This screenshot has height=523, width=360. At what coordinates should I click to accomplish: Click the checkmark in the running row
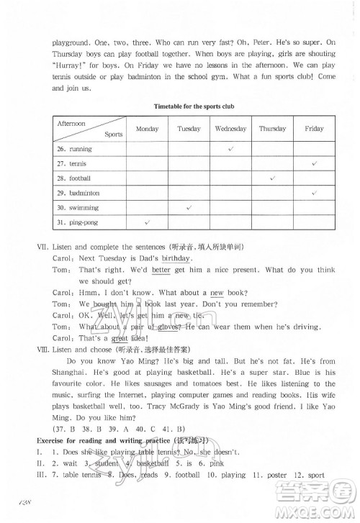click(x=230, y=148)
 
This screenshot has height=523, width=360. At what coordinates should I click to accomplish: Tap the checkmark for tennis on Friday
click(x=315, y=163)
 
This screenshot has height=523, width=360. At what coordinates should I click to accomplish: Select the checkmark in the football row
click(x=273, y=178)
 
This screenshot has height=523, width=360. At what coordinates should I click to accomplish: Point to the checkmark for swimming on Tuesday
click(x=188, y=207)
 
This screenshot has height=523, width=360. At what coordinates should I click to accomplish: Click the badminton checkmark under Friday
click(x=315, y=193)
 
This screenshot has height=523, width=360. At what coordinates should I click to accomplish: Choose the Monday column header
click(x=147, y=129)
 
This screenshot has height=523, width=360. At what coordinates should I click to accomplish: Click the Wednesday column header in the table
click(x=230, y=129)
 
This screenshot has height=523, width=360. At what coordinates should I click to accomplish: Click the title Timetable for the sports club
click(x=194, y=106)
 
